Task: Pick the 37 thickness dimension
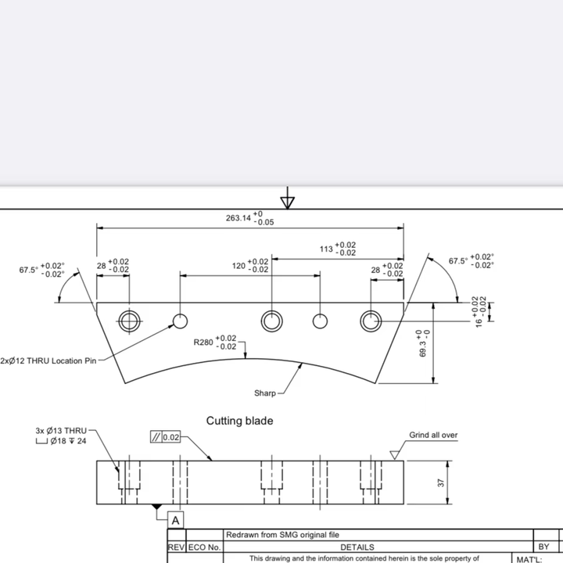[441, 483]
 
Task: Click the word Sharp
[265, 393]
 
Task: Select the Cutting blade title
[239, 421]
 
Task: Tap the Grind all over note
[433, 436]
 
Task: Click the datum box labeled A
[176, 520]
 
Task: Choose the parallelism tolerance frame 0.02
[165, 437]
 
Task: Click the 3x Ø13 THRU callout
[61, 431]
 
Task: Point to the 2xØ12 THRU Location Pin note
[48, 360]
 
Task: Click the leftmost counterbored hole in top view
[129, 321]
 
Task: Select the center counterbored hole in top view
[272, 321]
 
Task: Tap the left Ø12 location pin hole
[181, 321]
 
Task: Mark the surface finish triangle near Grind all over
[395, 455]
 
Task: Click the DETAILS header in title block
[357, 547]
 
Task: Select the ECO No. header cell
[204, 547]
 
